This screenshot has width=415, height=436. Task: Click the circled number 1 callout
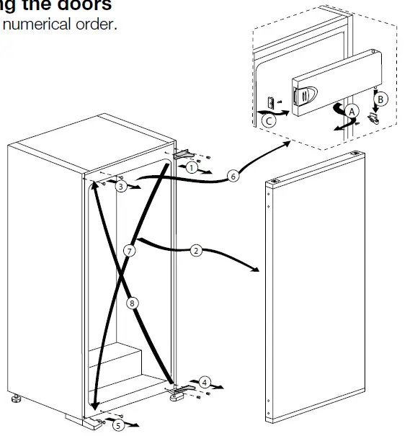point(190,167)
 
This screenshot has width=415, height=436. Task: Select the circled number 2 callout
point(196,252)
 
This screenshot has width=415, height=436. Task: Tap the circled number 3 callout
point(122,187)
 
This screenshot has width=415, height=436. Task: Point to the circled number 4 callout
point(205,381)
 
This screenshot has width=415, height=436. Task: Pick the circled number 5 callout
point(118,425)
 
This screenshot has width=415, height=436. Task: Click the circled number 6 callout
point(232,174)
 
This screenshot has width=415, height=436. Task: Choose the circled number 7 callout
point(129,251)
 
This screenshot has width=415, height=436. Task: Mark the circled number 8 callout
point(132,303)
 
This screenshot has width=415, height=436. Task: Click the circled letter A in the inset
point(352,112)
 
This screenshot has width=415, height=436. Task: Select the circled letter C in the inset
point(267,121)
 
